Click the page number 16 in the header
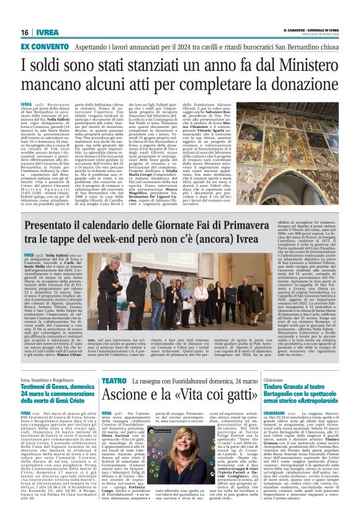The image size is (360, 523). (25, 32)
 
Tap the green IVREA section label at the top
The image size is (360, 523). (47, 32)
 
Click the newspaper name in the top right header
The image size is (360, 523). (307, 29)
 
